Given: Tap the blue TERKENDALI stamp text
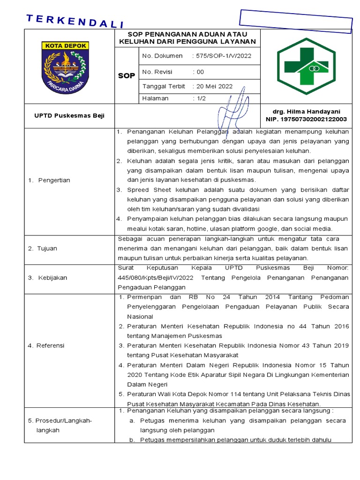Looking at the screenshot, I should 75,22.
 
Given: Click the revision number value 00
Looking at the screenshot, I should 200,72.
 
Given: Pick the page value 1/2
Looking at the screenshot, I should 201,98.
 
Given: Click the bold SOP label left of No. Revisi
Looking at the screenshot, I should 126,75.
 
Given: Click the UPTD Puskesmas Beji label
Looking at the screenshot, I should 69,115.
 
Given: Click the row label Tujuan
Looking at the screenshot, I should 47,248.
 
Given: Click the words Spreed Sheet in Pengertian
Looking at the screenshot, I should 144,190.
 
